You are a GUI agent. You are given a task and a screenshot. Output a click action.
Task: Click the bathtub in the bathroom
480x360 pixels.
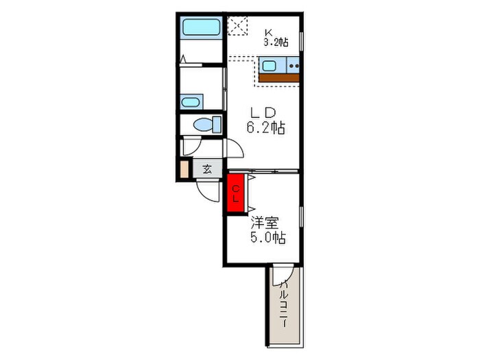(202, 27)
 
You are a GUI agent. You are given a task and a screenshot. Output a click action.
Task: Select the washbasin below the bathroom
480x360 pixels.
(191, 101)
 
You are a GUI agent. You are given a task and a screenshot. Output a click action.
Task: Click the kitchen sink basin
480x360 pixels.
(269, 66)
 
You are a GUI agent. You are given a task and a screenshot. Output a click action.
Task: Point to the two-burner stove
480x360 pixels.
(293, 66)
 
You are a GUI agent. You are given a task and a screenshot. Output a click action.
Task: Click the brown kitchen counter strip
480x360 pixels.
(279, 77)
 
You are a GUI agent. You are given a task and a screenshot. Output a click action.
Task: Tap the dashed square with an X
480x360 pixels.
(237, 26)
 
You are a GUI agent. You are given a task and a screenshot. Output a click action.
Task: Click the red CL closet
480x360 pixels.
(235, 193)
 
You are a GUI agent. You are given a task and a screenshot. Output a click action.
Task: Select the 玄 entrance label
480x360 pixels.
(207, 169)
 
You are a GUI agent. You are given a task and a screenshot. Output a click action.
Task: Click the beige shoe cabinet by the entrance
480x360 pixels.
(184, 169)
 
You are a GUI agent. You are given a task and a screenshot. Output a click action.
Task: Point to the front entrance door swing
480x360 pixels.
(208, 192)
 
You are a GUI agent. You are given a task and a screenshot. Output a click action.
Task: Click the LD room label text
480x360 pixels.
(263, 113)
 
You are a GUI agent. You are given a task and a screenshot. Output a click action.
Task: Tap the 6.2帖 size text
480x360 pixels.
(266, 128)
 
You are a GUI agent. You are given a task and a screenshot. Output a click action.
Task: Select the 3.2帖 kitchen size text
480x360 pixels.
(276, 42)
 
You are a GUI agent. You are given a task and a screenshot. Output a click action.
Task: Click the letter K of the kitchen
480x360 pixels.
(269, 32)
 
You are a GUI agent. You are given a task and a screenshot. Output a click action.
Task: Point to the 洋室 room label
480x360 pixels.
(265, 223)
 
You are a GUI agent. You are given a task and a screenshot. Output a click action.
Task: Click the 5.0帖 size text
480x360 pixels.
(268, 237)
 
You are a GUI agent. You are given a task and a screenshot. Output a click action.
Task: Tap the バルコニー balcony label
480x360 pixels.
(284, 303)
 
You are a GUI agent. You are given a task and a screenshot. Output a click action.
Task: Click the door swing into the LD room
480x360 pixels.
(235, 148)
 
